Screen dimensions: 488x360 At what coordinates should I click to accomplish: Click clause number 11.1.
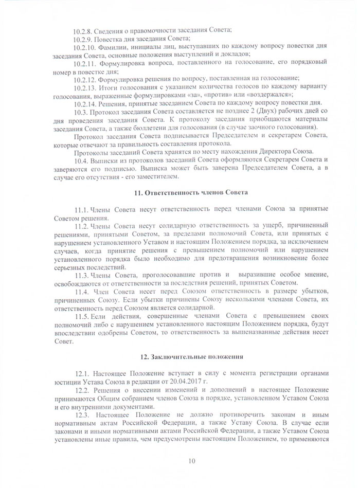tap(82, 210)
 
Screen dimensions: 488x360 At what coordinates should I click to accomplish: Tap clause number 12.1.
tap(82, 373)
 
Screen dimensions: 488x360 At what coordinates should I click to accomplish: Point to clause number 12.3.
tap(82, 414)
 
